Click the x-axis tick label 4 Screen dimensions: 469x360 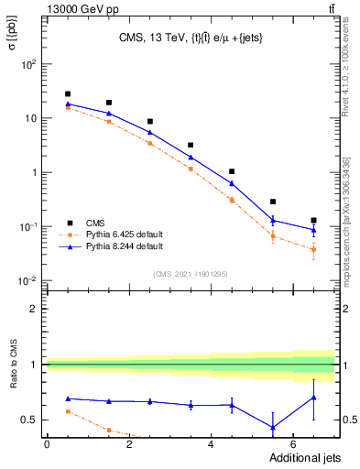pyautogui.click(x=211, y=444)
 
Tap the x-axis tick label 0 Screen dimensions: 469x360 pyautogui.click(x=47, y=444)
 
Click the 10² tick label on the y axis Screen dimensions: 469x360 pyautogui.click(x=29, y=64)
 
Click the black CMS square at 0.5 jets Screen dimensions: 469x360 pyautogui.click(x=68, y=93)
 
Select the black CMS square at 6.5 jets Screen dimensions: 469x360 pyautogui.click(x=313, y=221)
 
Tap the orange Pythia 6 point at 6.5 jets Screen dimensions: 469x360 pyautogui.click(x=313, y=249)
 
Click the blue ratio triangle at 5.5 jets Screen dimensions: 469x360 pyautogui.click(x=273, y=427)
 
